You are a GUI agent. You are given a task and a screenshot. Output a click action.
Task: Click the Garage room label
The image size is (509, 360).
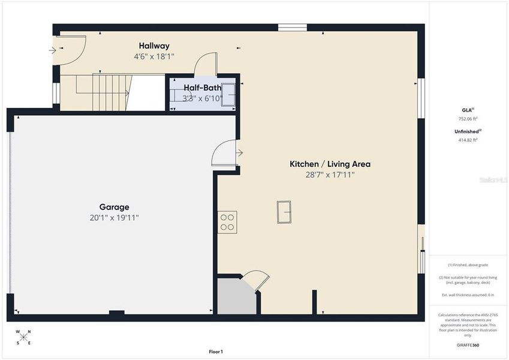point(114,207)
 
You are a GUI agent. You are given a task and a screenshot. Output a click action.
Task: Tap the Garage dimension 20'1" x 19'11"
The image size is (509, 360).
point(114,218)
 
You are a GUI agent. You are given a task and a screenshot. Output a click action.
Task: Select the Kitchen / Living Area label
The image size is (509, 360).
point(330,164)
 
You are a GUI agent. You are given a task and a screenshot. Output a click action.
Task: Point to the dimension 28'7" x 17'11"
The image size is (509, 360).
point(330,175)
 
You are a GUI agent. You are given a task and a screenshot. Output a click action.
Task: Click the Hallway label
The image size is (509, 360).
point(154,46)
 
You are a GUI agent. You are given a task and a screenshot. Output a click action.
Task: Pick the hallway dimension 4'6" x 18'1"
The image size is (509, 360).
point(154,56)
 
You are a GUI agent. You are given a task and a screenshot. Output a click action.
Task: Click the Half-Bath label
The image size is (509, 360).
point(203,88)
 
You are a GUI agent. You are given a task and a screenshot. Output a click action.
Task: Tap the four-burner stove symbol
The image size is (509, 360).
point(227,222)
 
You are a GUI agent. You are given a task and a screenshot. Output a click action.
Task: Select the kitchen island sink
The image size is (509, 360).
point(284,211)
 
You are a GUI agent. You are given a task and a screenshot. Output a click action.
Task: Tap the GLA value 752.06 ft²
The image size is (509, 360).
point(468,119)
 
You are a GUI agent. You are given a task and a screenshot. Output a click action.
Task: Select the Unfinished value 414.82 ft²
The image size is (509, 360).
point(468,140)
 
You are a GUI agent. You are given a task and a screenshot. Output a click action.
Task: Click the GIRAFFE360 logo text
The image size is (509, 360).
point(468,345)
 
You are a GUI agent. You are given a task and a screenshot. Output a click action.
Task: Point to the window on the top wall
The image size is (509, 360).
point(293,27)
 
